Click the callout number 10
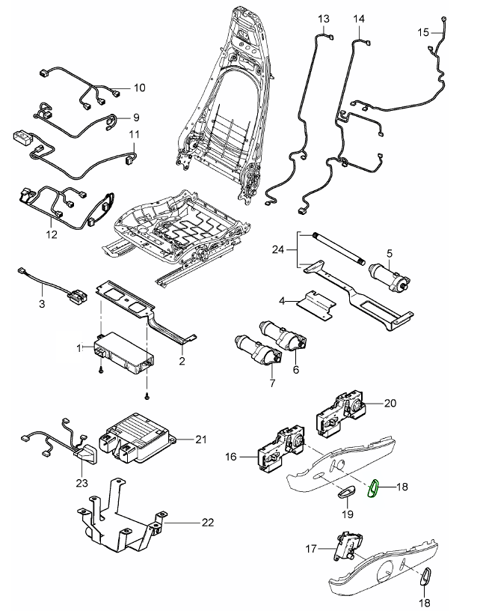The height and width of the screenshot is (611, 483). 140,88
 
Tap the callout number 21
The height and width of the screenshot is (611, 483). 200,439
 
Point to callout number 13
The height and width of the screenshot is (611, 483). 323,18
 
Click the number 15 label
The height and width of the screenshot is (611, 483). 423,32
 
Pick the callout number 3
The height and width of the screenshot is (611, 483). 42,303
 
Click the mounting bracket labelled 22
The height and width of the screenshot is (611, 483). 120,520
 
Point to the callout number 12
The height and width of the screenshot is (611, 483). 52,234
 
